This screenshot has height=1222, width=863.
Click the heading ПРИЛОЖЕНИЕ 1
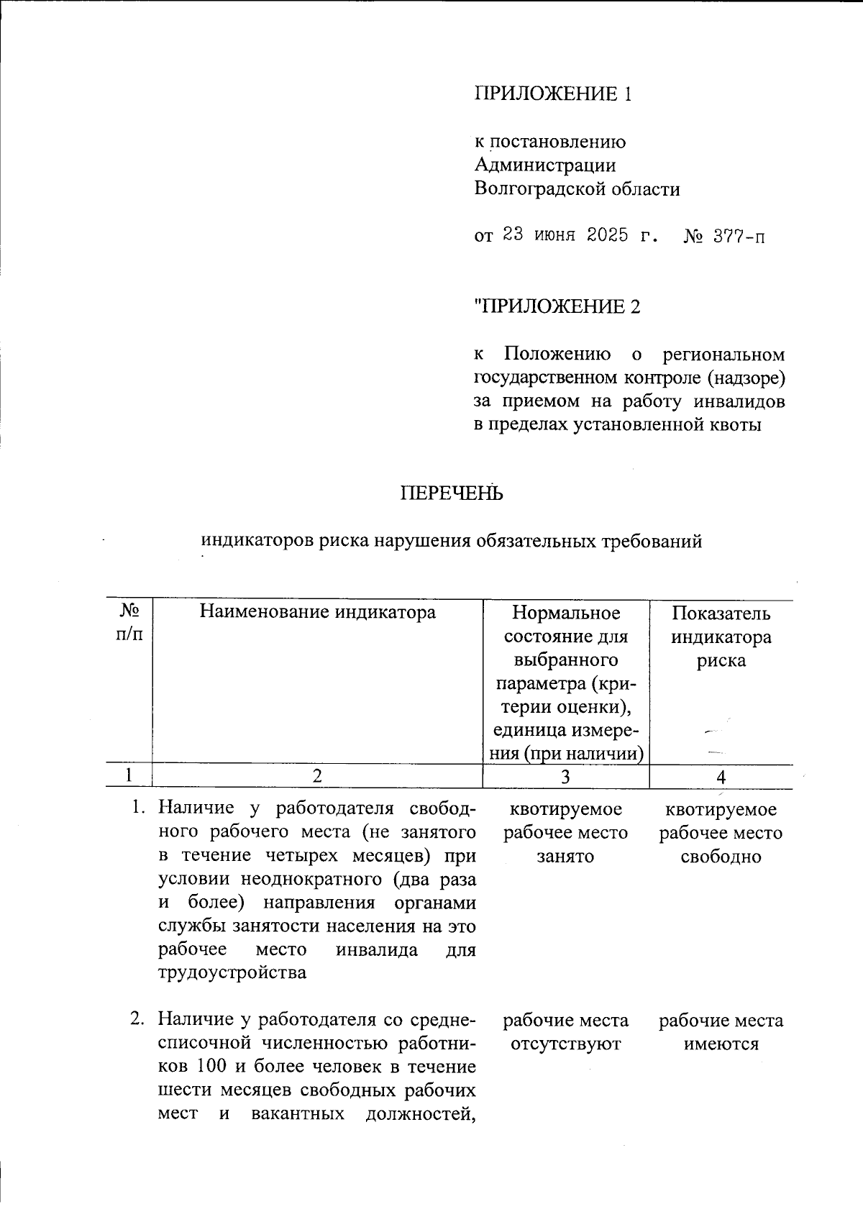pos(553,94)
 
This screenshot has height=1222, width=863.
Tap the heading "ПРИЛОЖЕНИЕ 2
pos(557,307)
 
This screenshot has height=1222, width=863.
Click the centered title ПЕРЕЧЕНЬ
pos(451,493)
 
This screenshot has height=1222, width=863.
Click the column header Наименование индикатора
pos(317,612)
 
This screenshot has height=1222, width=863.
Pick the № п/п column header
pos(129,623)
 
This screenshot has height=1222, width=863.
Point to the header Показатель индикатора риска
pos(721,636)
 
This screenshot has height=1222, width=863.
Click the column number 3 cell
pos(565,777)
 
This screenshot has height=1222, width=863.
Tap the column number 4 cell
pos(721,777)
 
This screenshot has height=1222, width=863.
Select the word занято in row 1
pos(565,857)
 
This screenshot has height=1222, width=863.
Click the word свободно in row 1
pos(721,857)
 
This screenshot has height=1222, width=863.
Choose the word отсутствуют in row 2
pos(565,1044)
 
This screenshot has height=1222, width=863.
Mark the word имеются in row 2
pos(721,1044)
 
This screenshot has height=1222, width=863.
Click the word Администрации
pos(544,165)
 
